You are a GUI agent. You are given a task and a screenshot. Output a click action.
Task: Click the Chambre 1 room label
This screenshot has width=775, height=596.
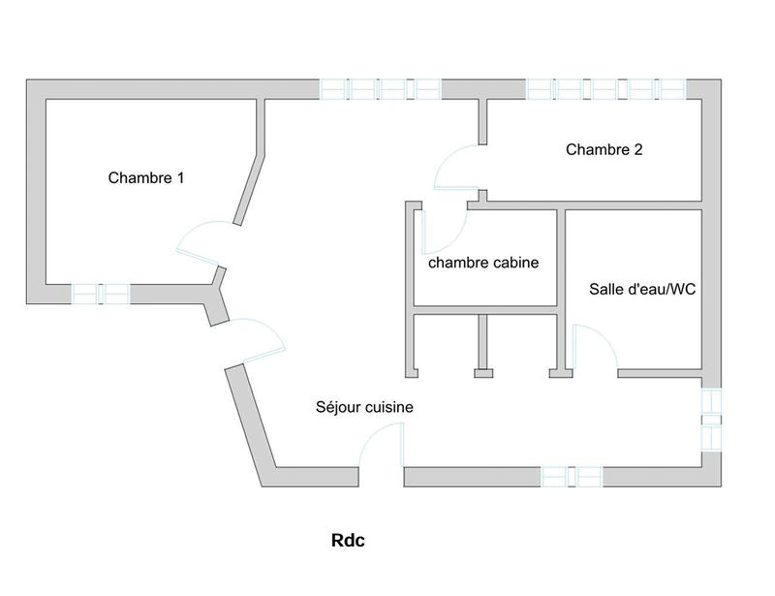tap(146, 178)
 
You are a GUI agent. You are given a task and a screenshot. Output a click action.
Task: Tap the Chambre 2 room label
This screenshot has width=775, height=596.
tap(604, 150)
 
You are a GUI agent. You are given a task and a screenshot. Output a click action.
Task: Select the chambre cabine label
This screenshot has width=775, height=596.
tap(483, 263)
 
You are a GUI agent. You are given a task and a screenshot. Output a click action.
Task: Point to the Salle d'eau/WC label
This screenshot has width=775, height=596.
tap(643, 290)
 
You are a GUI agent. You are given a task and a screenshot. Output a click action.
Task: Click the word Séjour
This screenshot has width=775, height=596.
tap(338, 408)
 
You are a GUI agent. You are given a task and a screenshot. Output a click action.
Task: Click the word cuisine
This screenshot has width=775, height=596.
tap(388, 408)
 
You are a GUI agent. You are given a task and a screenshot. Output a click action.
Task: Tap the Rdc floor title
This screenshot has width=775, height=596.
tap(348, 542)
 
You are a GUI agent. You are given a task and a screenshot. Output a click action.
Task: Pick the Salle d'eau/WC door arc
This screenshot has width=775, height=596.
tap(595, 347)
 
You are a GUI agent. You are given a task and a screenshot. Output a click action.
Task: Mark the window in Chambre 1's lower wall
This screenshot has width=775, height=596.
tap(101, 294)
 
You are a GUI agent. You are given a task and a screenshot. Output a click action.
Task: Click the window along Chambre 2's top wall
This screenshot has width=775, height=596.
tap(606, 89)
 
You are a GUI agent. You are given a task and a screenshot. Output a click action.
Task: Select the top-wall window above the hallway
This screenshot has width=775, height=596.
tap(381, 89)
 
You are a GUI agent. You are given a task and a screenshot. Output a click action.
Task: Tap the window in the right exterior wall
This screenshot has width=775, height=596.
tap(711, 420)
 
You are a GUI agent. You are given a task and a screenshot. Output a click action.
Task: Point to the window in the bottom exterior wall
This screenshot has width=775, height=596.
tap(572, 477)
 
